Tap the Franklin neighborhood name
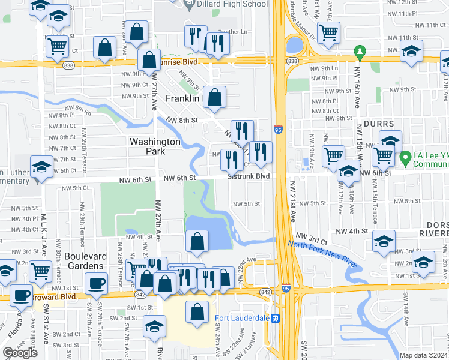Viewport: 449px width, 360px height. tap(182, 98)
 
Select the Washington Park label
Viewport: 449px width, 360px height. tap(155, 146)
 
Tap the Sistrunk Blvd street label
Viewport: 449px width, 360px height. tap(249, 176)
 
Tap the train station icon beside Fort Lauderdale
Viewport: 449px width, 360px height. tap(276, 318)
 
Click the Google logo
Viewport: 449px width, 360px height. tap(20, 353)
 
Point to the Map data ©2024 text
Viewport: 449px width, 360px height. tap(424, 355)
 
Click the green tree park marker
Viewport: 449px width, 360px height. tap(360, 52)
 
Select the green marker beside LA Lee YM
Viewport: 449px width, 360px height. tap(405, 155)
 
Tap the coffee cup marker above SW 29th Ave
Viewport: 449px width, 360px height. tap(96, 283)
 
